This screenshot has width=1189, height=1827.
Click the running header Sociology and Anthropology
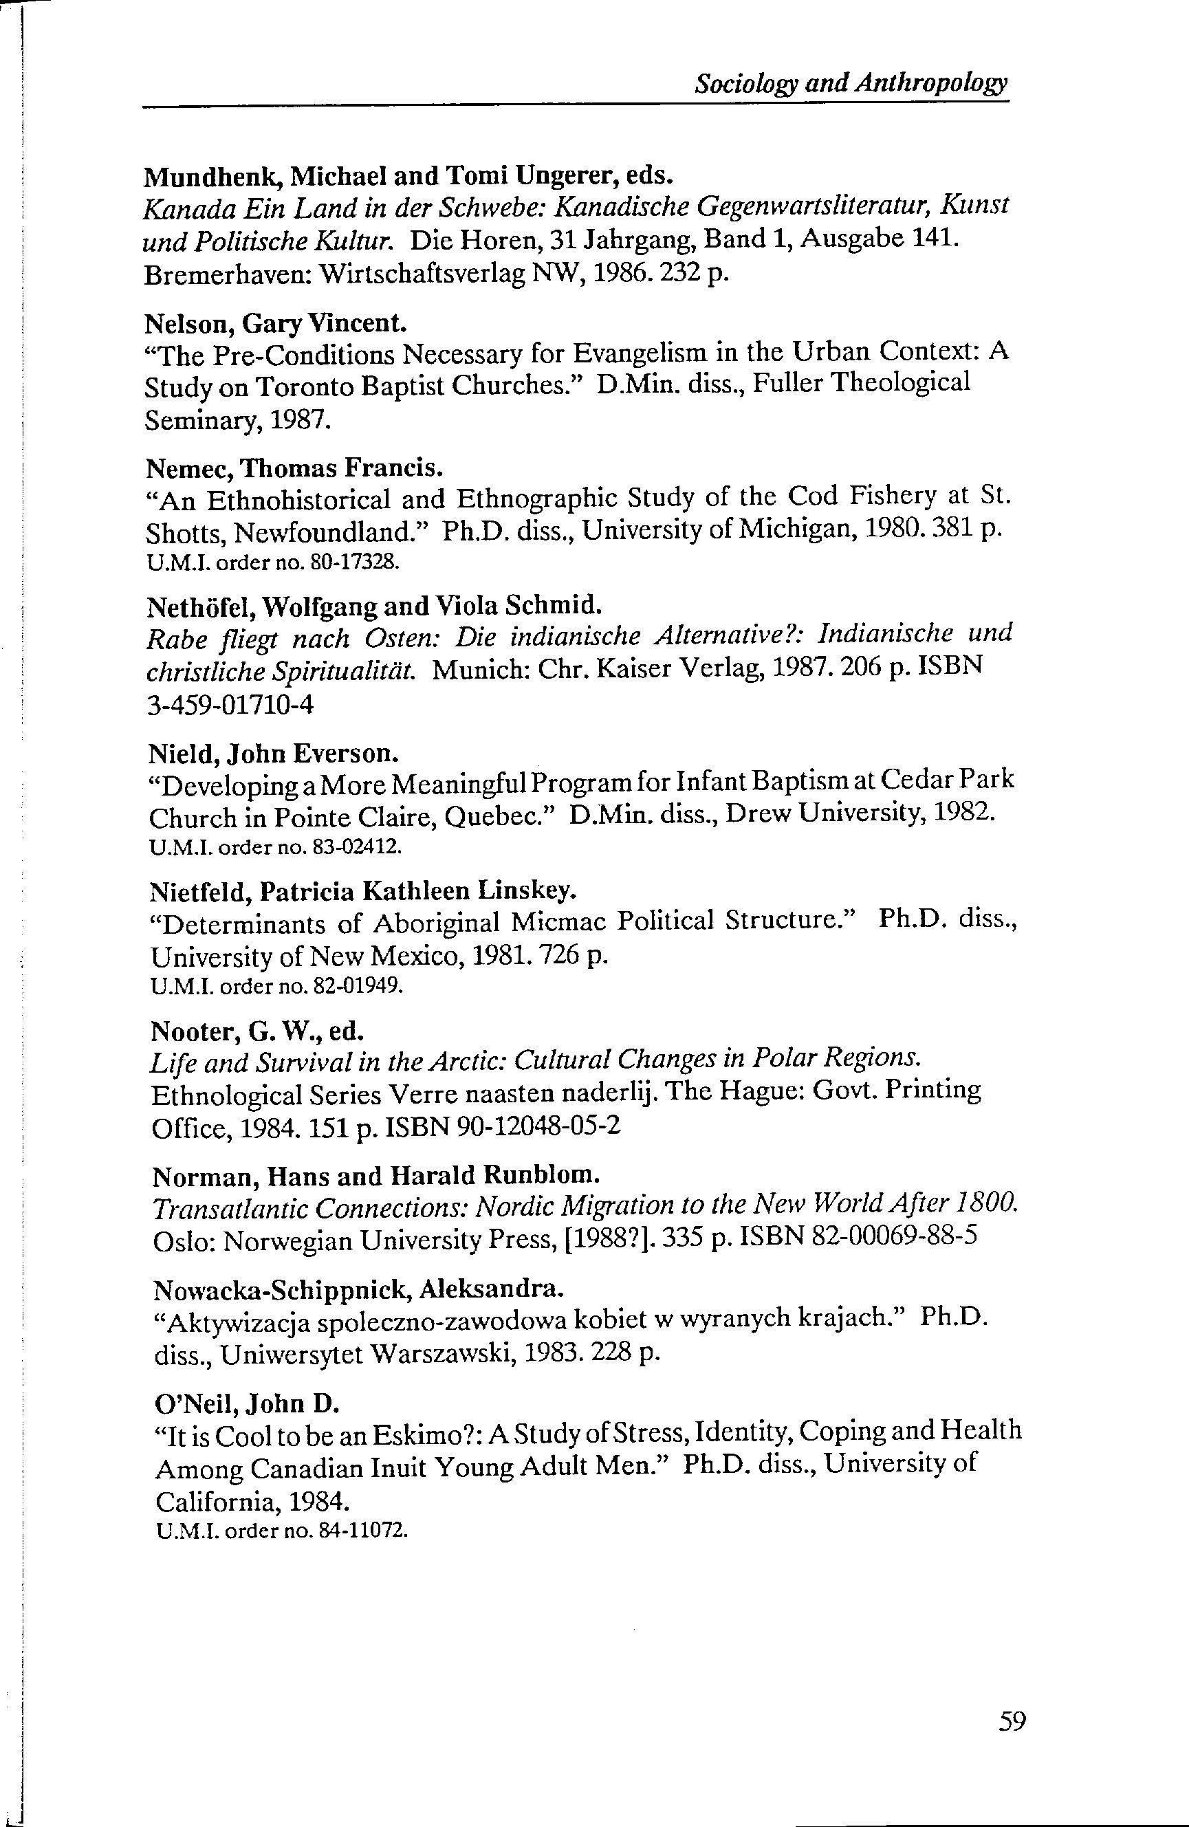851,84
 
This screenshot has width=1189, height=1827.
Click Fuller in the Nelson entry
787,382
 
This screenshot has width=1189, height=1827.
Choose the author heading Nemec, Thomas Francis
296,468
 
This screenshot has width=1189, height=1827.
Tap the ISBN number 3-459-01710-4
230,705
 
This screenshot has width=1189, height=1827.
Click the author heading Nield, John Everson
273,754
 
